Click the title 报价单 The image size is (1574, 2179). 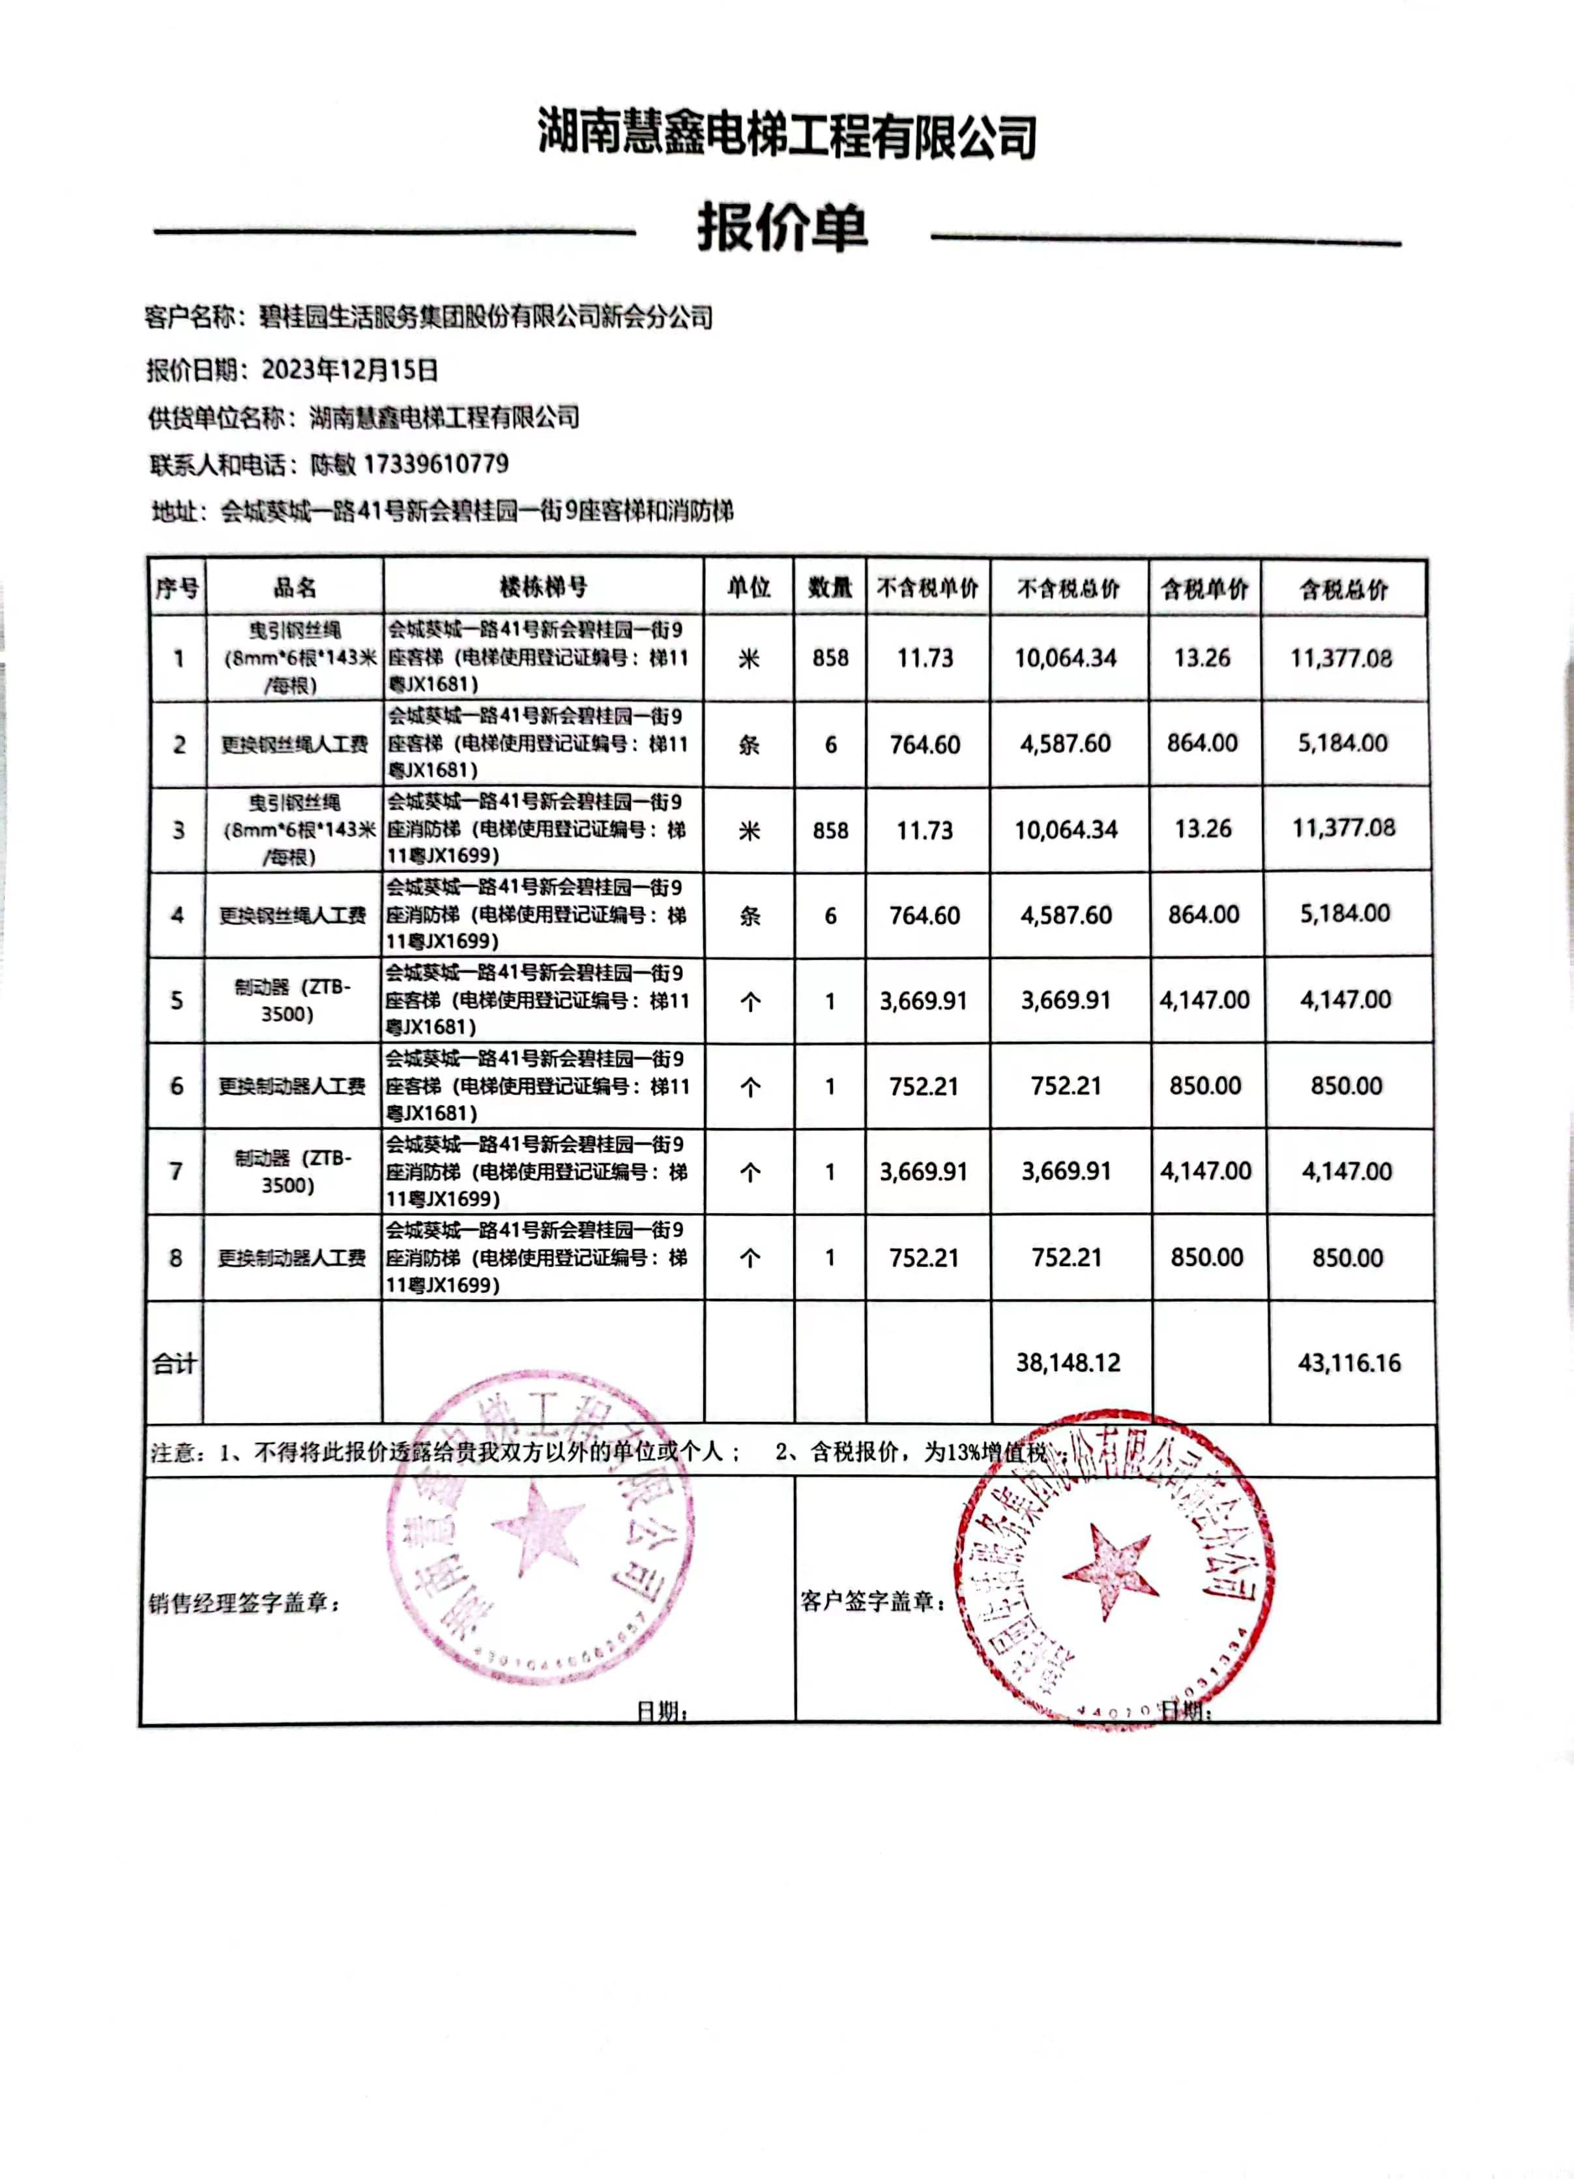coord(782,229)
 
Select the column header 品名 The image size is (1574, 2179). coord(294,587)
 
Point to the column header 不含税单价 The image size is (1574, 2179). coord(927,588)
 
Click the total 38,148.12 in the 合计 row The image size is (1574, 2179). coord(1068,1363)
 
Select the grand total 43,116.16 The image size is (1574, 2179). coord(1348,1363)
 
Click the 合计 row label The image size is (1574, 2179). coord(174,1363)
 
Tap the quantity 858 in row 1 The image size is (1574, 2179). coord(830,658)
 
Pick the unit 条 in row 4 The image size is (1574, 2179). coord(750,916)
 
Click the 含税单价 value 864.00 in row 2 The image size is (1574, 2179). coord(1202,743)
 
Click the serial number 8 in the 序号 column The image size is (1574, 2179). coord(176,1258)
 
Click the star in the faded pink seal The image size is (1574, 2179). coord(536,1527)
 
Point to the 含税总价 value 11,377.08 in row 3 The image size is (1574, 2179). coord(1343,828)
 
